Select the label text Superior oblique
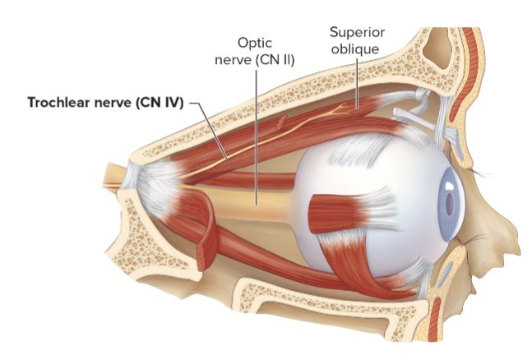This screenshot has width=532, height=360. [358, 41]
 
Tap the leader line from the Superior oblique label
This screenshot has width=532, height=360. [357, 82]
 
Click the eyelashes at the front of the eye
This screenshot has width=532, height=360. [485, 174]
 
